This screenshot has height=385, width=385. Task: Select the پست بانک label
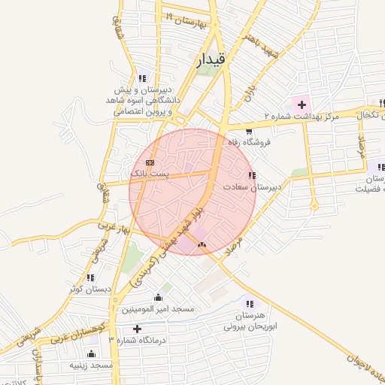[150, 174]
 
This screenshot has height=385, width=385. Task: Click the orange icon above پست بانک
[150, 162]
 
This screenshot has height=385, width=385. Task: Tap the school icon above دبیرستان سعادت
[250, 175]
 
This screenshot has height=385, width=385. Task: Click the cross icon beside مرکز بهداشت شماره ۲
[302, 103]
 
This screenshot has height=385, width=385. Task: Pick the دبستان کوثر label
[89, 288]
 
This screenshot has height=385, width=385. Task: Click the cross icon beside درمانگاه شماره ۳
[136, 329]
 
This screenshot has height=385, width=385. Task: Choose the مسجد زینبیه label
[90, 364]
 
